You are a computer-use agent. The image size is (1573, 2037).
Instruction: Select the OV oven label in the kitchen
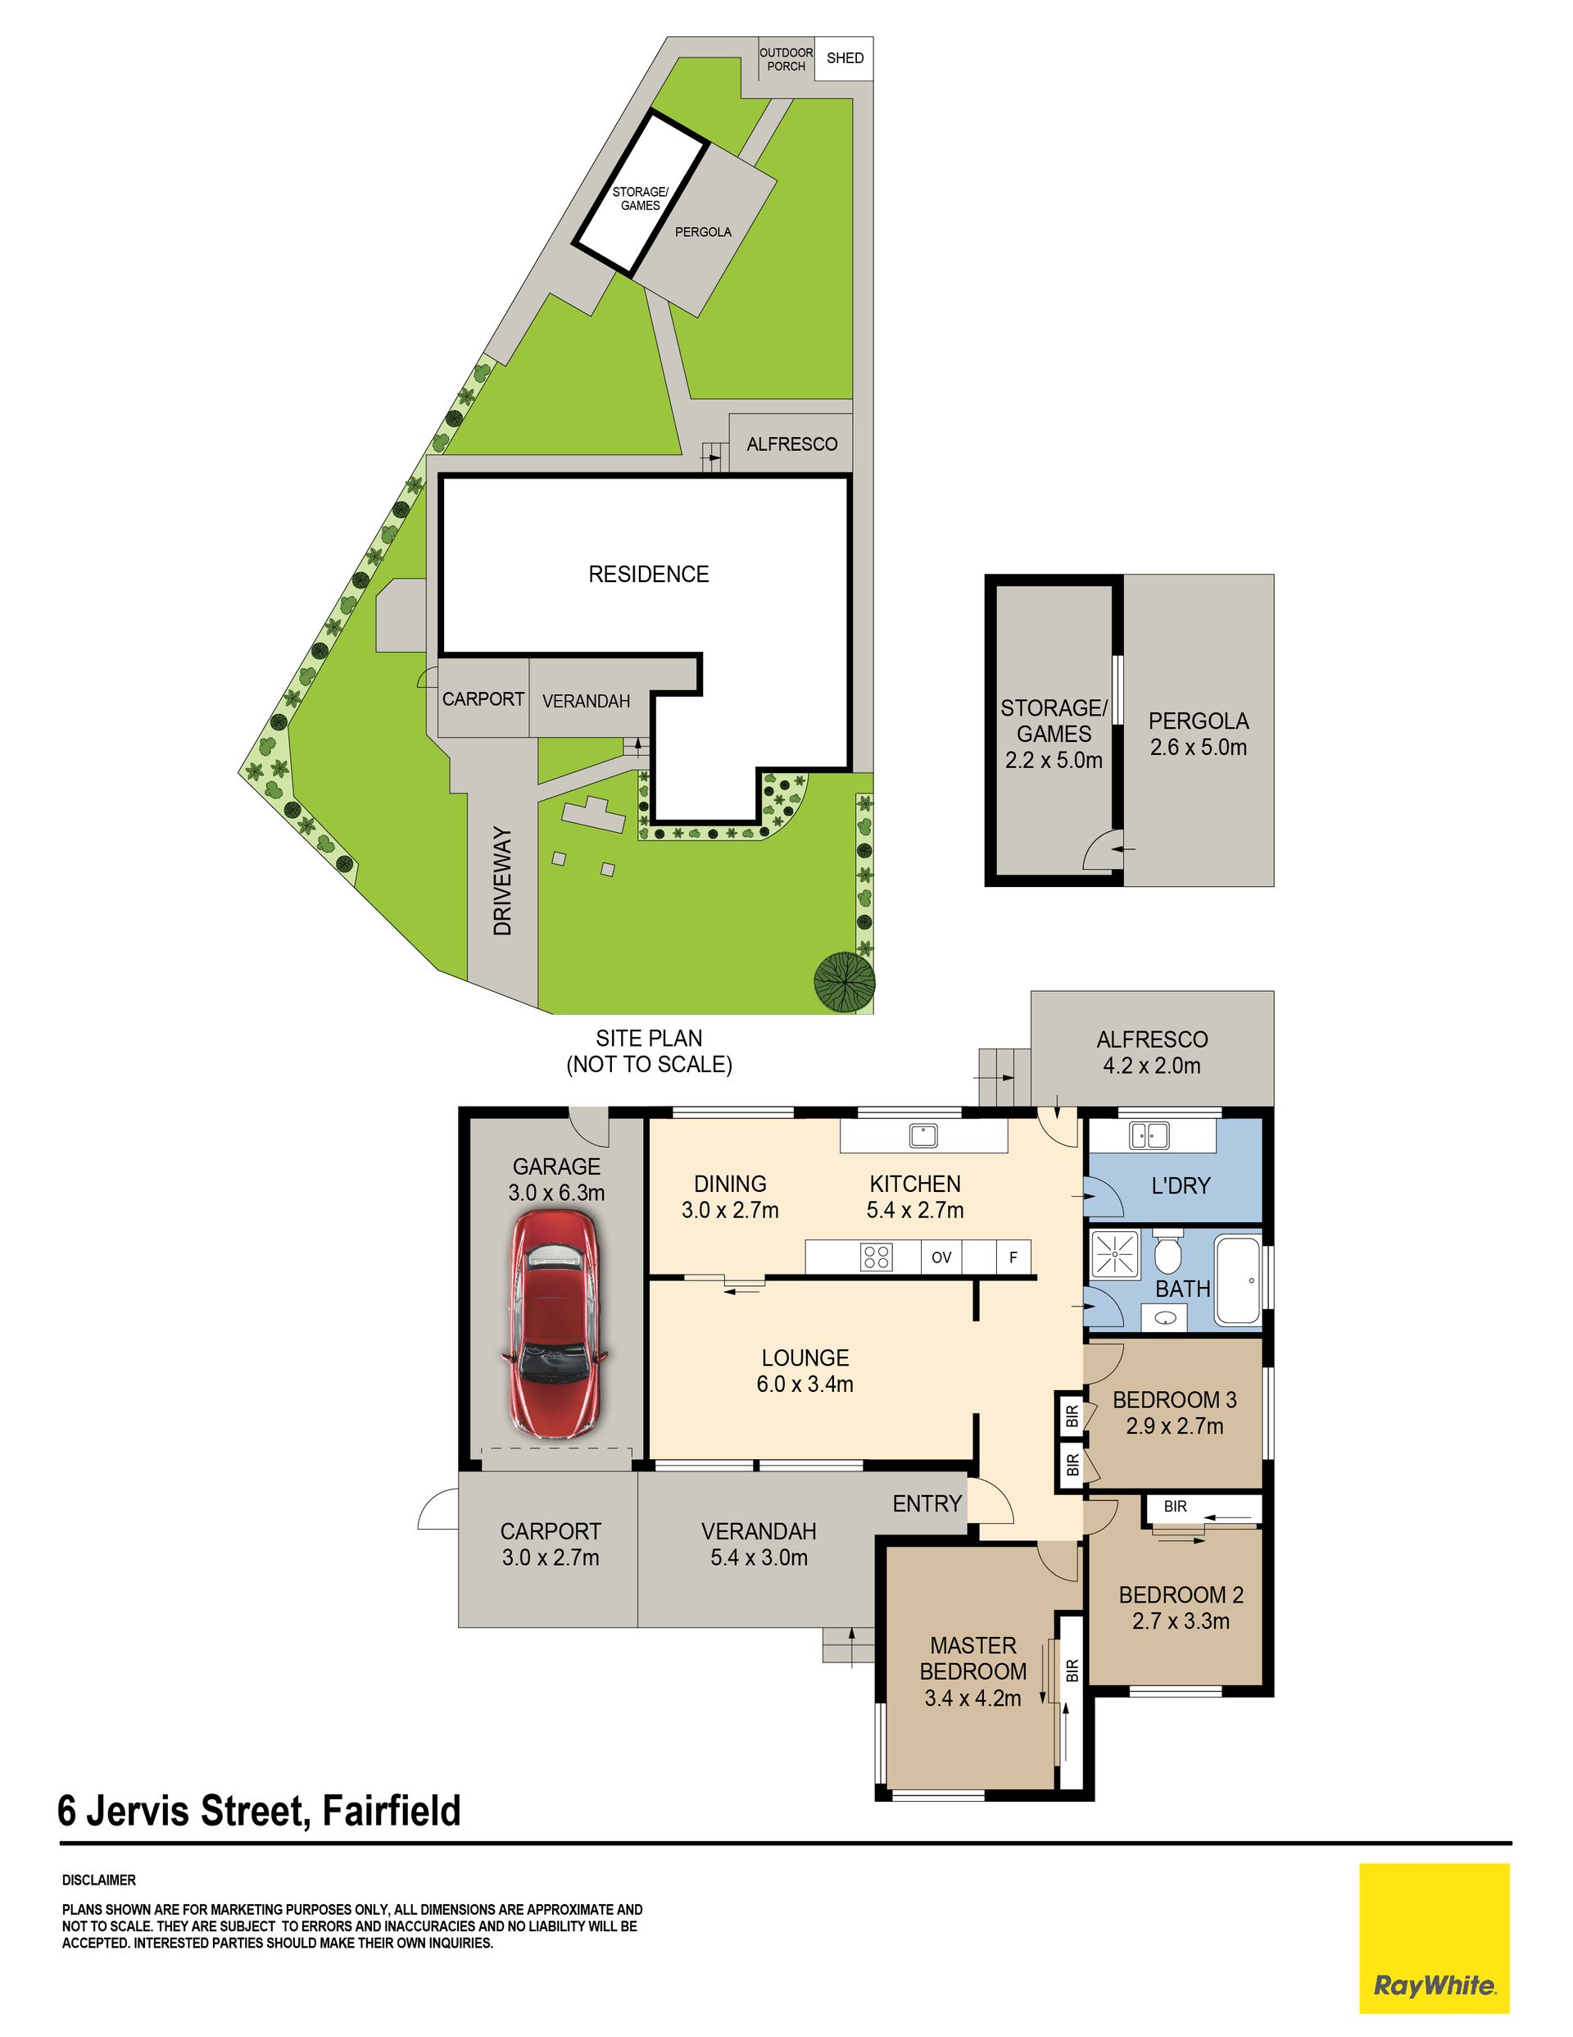pos(941,1257)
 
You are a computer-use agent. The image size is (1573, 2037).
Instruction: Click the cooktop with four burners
pos(877,1257)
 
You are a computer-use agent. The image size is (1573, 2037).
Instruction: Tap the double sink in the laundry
pos(1149,1135)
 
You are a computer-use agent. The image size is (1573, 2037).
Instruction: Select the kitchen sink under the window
pos(923,1135)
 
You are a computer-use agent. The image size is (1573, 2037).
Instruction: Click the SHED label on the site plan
pos(845,58)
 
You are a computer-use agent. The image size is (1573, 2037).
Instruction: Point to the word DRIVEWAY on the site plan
pos(502,881)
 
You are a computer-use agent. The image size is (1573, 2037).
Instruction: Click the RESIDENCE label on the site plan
pos(649,575)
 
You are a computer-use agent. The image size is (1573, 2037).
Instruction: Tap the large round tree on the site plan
pos(844,982)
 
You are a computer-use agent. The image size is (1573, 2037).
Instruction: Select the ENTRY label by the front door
pos(927,1503)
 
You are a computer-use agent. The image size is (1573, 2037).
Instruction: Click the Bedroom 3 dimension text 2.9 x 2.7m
pos(1175,1426)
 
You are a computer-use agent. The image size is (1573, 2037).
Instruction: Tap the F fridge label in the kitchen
pos(1013,1257)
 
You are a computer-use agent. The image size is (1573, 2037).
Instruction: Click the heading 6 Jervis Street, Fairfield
pos(259,1812)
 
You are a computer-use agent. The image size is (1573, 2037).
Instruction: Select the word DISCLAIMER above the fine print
pos(99,1880)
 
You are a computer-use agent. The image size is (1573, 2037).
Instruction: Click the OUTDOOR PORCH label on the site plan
pos(786,60)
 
